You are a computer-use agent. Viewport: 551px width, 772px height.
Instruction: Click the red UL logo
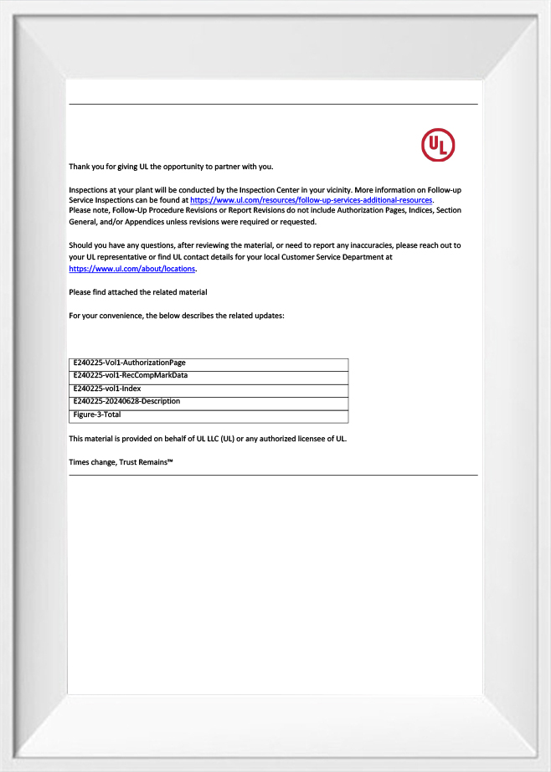pos(438,145)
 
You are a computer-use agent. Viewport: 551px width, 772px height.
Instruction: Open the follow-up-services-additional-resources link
pos(311,201)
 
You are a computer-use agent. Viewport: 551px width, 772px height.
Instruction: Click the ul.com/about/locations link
pos(131,269)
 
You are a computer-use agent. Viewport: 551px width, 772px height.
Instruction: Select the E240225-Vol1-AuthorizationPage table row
pos(129,363)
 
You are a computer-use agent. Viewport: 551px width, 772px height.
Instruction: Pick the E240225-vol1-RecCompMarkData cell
pos(130,375)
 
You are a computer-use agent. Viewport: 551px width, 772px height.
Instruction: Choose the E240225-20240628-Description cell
pos(126,401)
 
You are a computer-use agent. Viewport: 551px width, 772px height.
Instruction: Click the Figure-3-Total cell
pos(97,414)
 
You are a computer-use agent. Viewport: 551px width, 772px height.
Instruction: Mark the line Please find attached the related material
pos(137,292)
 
